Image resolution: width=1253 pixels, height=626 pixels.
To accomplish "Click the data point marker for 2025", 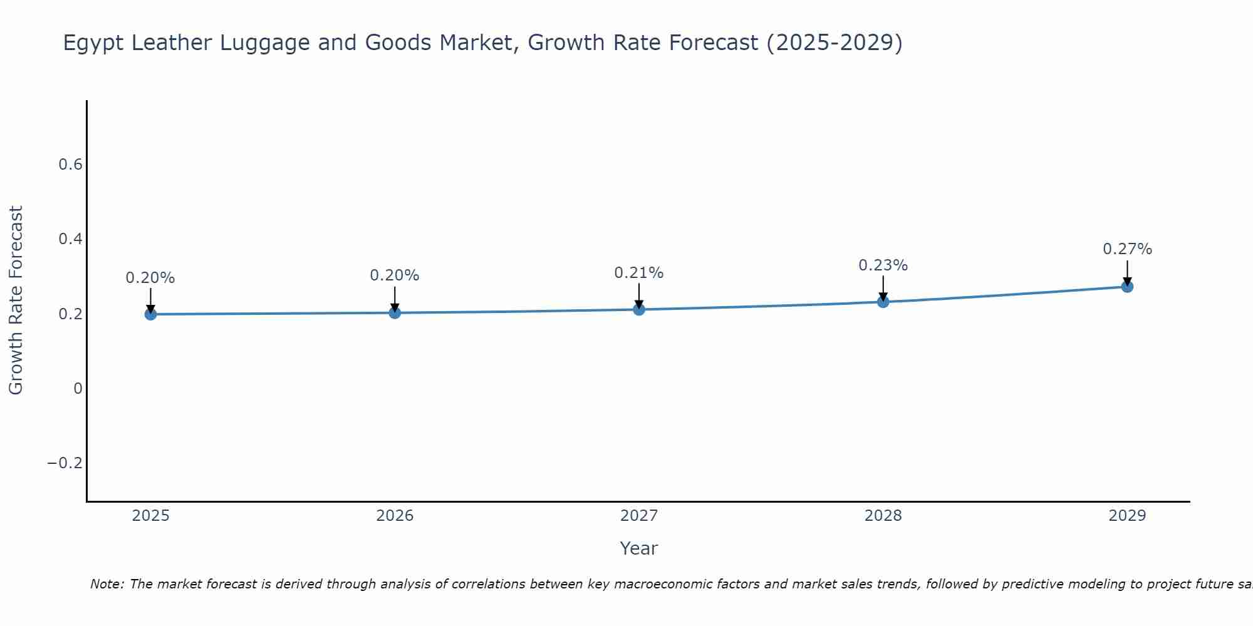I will coord(150,314).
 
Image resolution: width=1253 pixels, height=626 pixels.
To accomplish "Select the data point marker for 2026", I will coord(395,312).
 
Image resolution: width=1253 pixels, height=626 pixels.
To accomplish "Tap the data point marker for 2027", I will coord(639,309).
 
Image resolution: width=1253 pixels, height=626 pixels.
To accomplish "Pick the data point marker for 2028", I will coord(883,302).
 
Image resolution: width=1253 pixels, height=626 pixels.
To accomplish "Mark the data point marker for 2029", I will coord(1127,287).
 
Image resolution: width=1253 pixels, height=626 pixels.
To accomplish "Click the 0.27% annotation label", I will coord(1127,249).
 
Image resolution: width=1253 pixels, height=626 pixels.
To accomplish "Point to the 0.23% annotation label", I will coord(883,265).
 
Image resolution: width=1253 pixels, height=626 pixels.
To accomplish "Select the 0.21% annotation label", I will coord(638,273).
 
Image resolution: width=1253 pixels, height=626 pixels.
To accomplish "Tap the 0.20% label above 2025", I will coord(150,278).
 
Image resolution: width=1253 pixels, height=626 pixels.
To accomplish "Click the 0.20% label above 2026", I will coord(394,275).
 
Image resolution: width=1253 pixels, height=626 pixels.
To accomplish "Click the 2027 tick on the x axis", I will coord(639,516).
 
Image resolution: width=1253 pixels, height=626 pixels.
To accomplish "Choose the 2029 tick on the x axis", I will coord(1127,516).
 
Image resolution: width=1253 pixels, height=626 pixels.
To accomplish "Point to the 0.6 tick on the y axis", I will coord(70,165).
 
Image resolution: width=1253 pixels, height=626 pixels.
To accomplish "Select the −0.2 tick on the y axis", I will coord(65,463).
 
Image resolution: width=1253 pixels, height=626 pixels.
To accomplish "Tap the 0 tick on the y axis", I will coord(78,389).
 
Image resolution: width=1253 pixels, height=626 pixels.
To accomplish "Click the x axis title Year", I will coord(638,548).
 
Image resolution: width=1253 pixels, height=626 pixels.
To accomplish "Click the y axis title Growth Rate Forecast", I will coord(16,300).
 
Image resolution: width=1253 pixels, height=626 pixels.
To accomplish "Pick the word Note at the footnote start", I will coord(107,584).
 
